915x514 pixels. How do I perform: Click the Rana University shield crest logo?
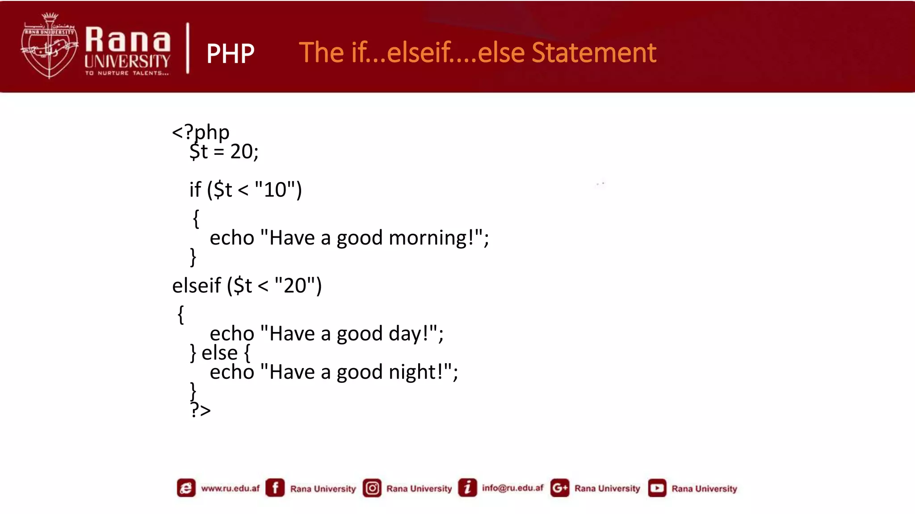pyautogui.click(x=49, y=46)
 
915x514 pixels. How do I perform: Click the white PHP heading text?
pyautogui.click(x=230, y=54)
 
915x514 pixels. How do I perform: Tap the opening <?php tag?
pyautogui.click(x=201, y=132)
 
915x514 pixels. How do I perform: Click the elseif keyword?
pyautogui.click(x=196, y=286)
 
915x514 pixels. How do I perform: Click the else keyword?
pyautogui.click(x=219, y=353)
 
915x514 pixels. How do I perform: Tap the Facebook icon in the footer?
pyautogui.click(x=275, y=488)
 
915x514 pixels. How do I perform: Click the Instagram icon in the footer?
pyautogui.click(x=372, y=488)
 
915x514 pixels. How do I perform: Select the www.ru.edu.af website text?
pyautogui.click(x=230, y=488)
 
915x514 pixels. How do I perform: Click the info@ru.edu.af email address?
pyautogui.click(x=512, y=488)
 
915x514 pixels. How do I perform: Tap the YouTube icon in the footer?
pyautogui.click(x=657, y=488)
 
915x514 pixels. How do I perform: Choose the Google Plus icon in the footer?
pyautogui.click(x=559, y=488)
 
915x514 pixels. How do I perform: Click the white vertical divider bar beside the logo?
pyautogui.click(x=188, y=48)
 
